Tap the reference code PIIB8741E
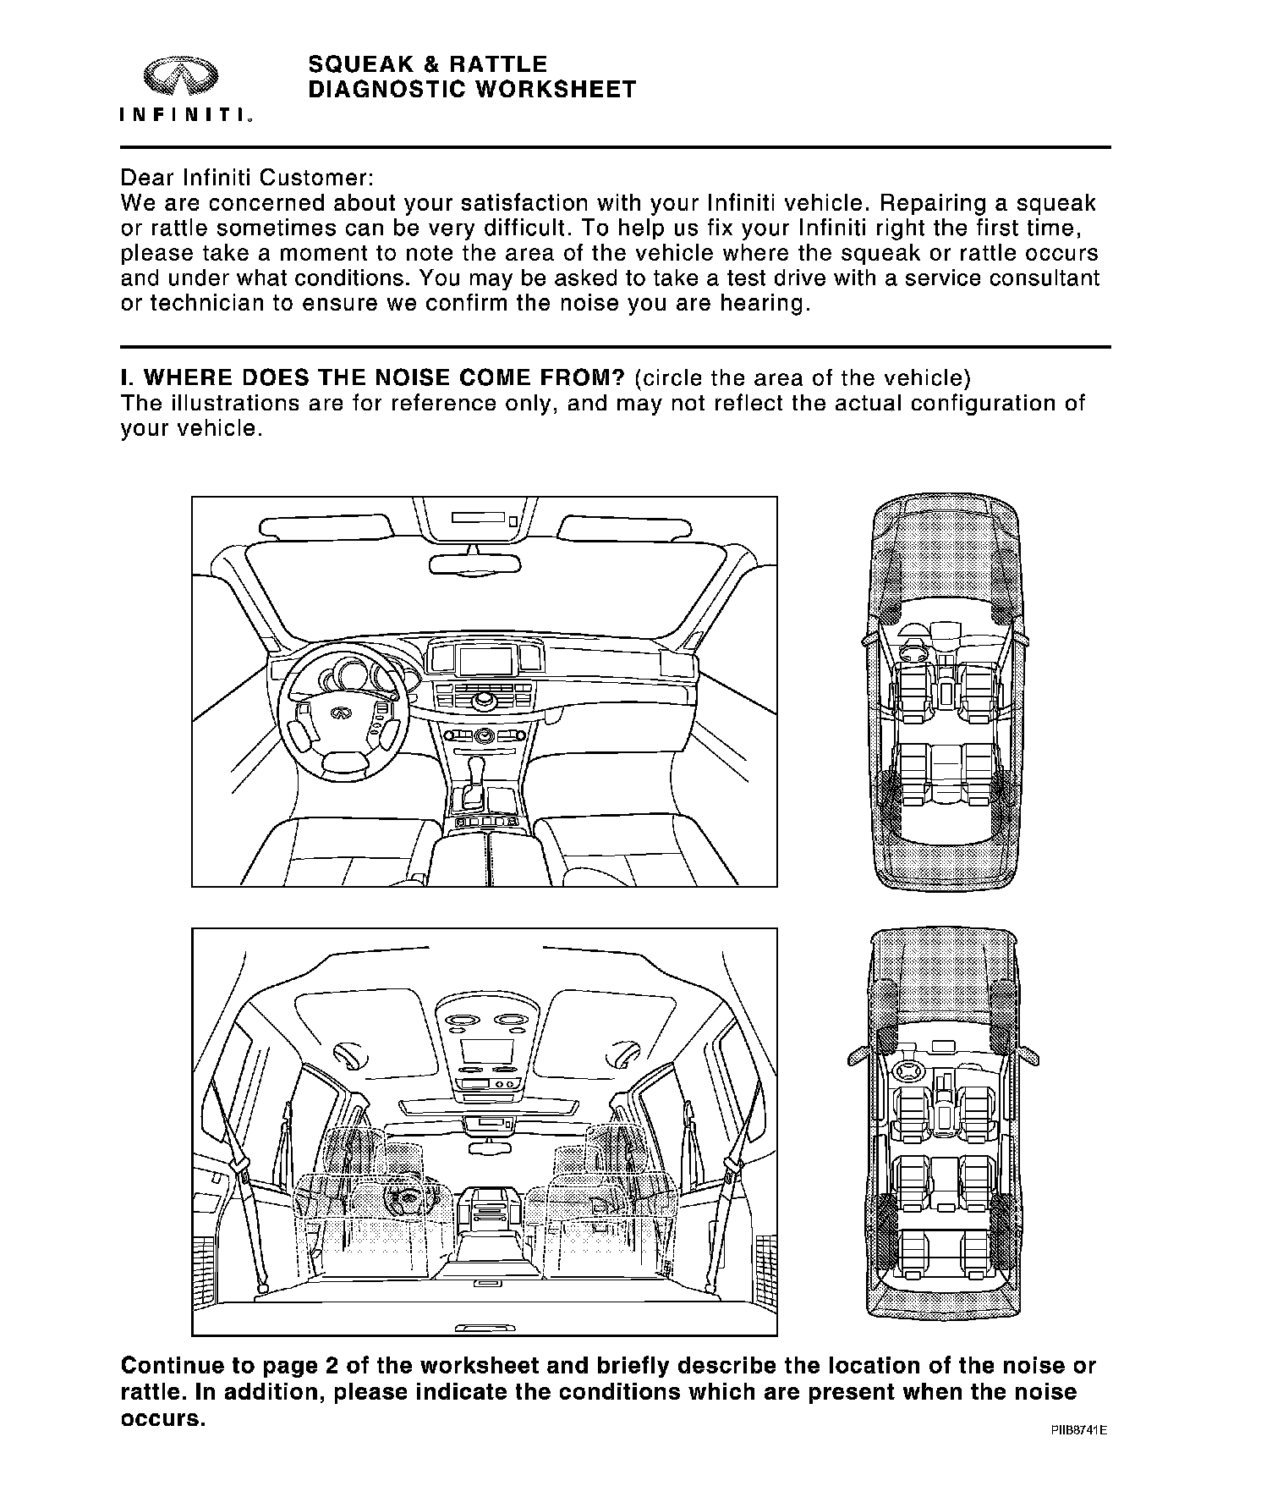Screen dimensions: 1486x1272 point(1078,1431)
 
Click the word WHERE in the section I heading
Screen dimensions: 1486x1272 point(189,377)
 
